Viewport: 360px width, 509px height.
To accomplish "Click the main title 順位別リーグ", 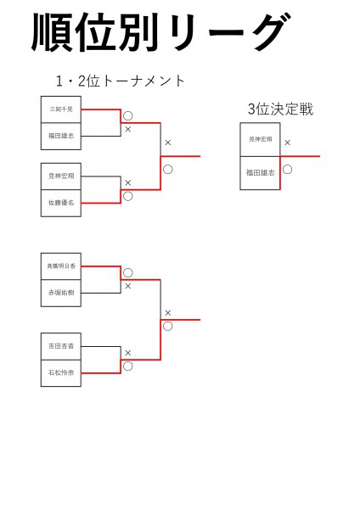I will click(158, 33).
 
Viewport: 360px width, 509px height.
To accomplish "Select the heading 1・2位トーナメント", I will click(120, 81).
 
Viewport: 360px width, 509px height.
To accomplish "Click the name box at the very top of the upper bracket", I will click(61, 109).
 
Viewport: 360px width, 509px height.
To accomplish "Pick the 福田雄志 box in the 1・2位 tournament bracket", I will click(61, 135).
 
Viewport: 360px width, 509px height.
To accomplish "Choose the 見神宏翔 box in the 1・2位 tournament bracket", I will click(61, 176).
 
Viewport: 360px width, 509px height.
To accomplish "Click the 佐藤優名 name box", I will click(61, 203).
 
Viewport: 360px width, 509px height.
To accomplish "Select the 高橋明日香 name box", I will click(61, 266).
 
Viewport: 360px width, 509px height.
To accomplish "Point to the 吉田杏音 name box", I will click(61, 346).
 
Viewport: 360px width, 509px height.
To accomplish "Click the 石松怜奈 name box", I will click(61, 372).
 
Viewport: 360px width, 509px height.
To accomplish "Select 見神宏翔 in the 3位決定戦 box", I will click(260, 139).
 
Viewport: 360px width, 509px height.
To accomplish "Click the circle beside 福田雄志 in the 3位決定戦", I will click(288, 169).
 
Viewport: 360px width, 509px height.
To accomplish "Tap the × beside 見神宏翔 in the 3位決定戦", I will click(288, 143).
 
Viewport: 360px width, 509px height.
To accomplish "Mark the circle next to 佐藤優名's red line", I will click(128, 197).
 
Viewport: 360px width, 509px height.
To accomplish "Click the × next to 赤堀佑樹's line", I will click(128, 286).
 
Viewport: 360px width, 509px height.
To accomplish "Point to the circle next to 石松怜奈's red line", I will click(128, 366).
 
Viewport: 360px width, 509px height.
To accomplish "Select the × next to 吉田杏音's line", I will click(128, 353).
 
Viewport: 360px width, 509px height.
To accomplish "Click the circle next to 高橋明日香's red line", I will click(128, 273).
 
